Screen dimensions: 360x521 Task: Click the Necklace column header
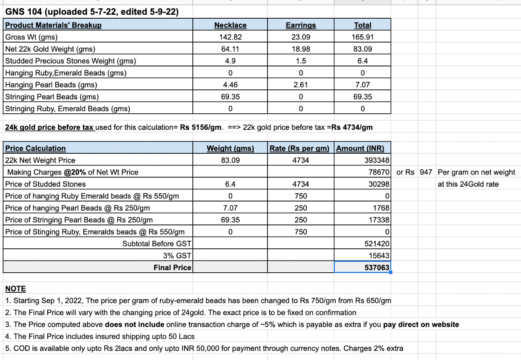point(230,25)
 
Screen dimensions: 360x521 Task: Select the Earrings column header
point(300,25)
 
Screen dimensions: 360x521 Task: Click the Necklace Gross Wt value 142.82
point(230,37)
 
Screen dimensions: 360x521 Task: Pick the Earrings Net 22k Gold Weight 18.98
point(300,49)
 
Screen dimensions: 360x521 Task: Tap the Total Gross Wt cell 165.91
point(363,37)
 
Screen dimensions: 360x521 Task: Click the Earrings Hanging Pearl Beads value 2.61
point(300,85)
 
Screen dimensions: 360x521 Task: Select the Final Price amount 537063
point(377,268)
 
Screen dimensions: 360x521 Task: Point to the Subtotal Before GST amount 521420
point(378,244)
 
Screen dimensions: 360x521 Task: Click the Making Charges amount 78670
point(379,172)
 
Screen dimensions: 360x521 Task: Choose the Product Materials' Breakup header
point(53,25)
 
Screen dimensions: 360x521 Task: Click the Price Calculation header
point(36,149)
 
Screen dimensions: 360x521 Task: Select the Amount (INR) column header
point(360,149)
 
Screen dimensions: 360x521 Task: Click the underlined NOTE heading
point(16,289)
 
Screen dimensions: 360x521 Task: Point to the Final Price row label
point(172,268)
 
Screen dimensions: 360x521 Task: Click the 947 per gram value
point(426,172)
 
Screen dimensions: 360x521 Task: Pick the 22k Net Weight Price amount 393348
point(377,160)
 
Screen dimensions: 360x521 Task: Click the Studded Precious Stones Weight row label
point(70,61)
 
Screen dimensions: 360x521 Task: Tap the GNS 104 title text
point(92,12)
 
